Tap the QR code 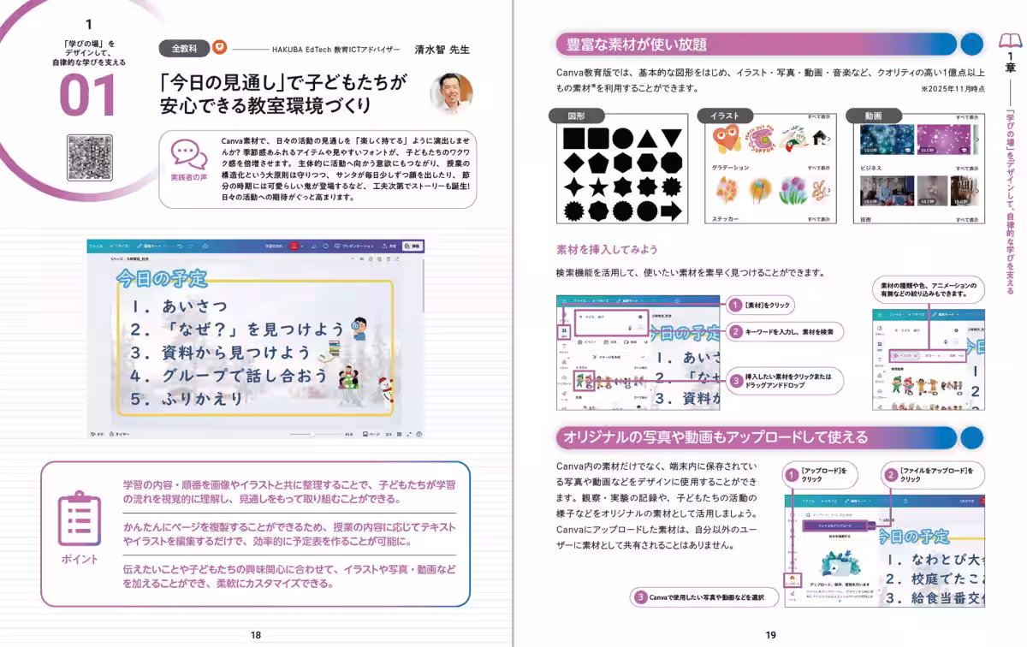(x=89, y=157)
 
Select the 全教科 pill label (x=183, y=49)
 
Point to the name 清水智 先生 (x=442, y=50)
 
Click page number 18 (x=256, y=635)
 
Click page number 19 (x=770, y=635)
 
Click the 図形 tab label (x=577, y=116)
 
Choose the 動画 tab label (x=873, y=116)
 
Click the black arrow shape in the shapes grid (x=670, y=211)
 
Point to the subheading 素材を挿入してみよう (x=607, y=250)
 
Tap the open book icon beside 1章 (x=1011, y=41)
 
